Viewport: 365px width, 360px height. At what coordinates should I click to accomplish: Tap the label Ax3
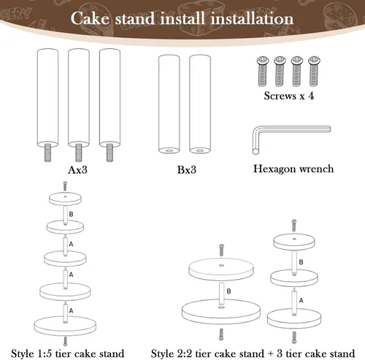[x=78, y=170]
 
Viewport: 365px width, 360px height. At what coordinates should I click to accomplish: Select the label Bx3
[x=185, y=170]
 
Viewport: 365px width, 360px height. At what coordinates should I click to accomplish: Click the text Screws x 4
[x=293, y=95]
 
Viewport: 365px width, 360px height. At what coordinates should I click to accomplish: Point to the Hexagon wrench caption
[x=293, y=169]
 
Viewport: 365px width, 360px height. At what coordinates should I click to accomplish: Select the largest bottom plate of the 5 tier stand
[x=65, y=323]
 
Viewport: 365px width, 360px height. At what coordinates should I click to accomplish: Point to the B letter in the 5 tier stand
[x=71, y=213]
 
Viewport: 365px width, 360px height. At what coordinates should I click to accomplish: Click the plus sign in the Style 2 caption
[x=280, y=353]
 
